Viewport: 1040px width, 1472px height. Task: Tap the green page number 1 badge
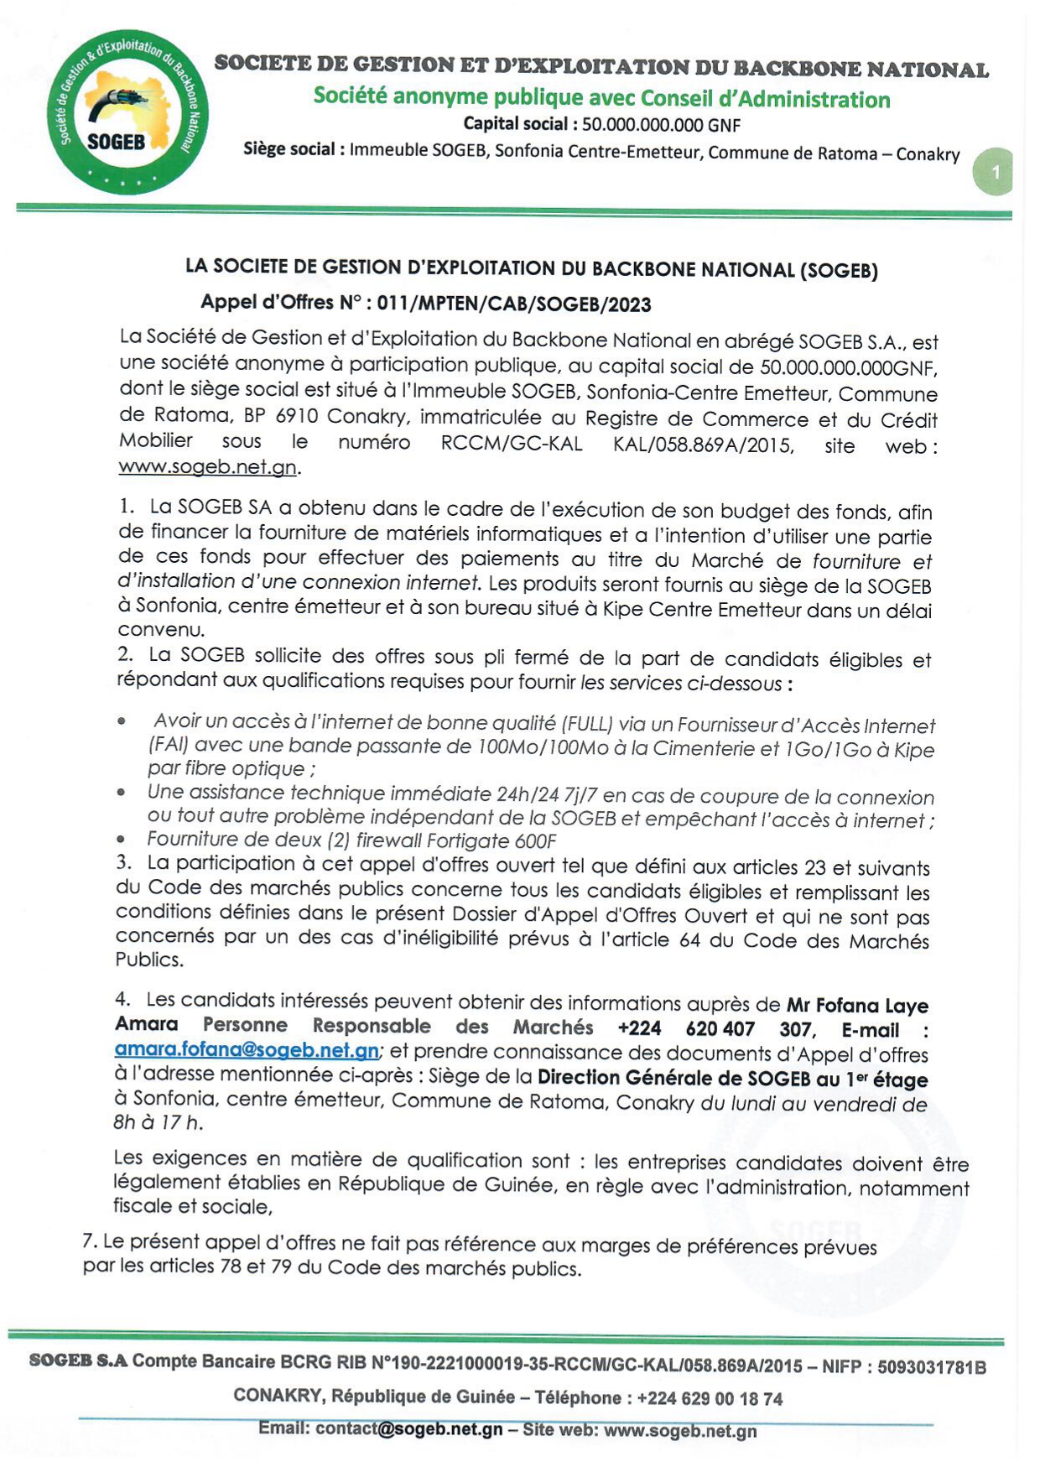(x=995, y=172)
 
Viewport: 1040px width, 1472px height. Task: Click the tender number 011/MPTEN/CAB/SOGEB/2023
(x=513, y=304)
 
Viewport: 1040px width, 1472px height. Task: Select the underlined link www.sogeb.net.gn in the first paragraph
(x=207, y=467)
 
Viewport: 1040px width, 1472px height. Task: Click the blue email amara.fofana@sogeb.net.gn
(x=247, y=1050)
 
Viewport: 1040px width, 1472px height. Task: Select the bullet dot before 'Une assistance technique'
(x=122, y=792)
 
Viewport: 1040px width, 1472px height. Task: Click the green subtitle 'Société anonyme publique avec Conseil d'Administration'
(x=601, y=98)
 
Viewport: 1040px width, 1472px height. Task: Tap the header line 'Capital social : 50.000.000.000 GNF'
(x=601, y=125)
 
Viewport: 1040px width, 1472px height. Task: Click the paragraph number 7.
(x=89, y=1241)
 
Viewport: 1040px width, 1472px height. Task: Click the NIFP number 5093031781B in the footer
(x=931, y=1367)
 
